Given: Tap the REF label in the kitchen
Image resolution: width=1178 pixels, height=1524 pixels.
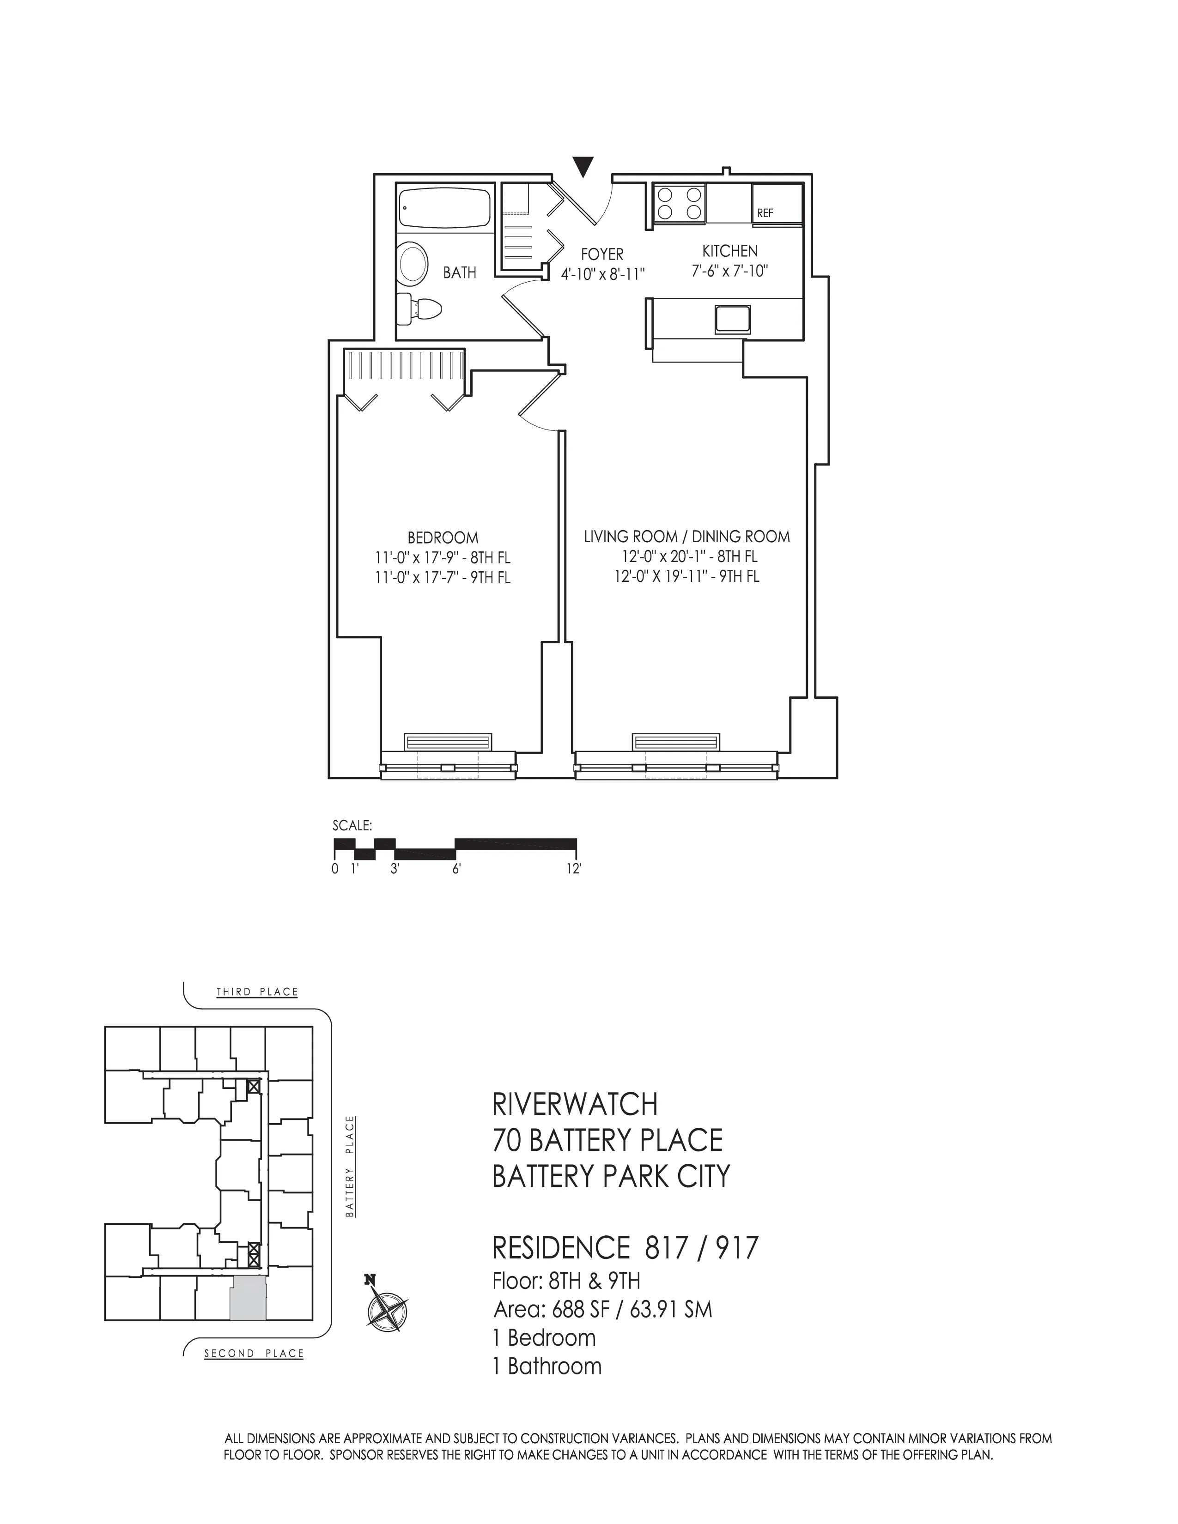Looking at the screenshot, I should point(765,213).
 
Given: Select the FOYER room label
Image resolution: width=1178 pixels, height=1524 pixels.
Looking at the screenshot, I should point(601,255).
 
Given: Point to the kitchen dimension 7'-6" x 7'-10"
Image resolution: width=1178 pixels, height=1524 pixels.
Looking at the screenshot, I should point(729,271).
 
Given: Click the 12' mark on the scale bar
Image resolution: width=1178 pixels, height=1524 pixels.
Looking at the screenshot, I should point(575,869).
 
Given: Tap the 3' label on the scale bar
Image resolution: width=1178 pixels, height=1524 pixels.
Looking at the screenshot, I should point(395,869).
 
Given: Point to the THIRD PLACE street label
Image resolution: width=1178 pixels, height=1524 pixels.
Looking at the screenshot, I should point(257,992).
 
